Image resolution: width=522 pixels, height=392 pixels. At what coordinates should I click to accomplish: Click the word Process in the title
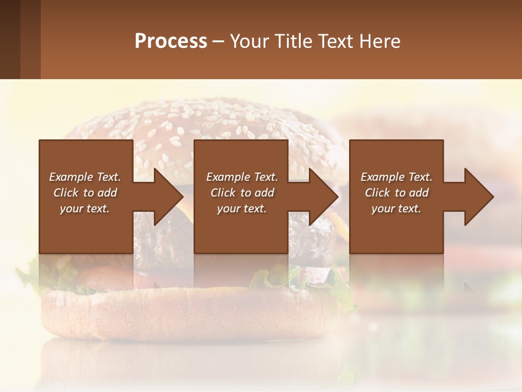click(171, 41)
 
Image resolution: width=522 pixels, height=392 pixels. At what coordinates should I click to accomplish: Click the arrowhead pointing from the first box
click(166, 197)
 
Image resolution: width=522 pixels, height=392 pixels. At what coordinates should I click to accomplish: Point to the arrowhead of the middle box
click(322, 197)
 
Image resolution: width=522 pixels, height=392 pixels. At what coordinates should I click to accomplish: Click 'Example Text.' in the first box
click(85, 177)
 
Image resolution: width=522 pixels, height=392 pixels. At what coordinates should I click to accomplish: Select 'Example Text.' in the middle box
click(242, 177)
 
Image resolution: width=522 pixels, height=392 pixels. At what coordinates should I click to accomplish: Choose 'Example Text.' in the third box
click(396, 177)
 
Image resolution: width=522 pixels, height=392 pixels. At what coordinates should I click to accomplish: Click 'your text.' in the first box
click(85, 209)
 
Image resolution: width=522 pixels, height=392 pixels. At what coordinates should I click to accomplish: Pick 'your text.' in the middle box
click(242, 209)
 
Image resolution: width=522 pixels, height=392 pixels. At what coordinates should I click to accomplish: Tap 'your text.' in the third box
click(396, 209)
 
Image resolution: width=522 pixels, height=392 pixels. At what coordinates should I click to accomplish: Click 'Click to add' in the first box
click(85, 193)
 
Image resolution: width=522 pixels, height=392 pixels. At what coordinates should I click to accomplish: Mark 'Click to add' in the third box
click(396, 193)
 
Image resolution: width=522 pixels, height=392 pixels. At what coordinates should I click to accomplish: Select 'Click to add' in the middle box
click(242, 193)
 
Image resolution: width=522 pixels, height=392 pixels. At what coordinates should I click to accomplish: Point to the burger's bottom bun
click(190, 316)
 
